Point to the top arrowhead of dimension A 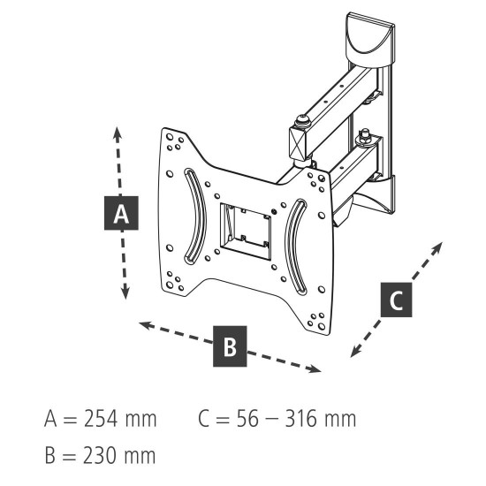[x=118, y=131]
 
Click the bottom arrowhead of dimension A [x=125, y=294]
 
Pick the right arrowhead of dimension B [x=316, y=369]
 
